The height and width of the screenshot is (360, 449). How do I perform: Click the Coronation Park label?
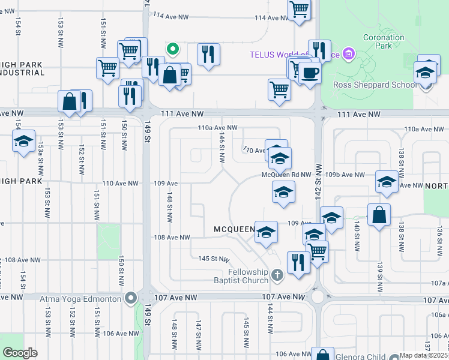tap(384, 41)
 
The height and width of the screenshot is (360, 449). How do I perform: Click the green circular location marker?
tap(172, 49)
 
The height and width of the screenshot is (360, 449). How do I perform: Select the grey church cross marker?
tap(276, 276)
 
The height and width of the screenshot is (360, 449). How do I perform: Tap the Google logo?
tap(20, 353)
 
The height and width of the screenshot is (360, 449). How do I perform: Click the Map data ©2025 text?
tap(423, 355)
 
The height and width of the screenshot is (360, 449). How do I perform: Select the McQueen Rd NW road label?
tap(286, 175)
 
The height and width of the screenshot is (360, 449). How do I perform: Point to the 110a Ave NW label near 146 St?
tap(218, 128)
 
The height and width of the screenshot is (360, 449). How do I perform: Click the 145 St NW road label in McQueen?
tap(214, 259)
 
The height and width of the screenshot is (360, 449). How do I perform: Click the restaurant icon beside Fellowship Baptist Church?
tap(297, 261)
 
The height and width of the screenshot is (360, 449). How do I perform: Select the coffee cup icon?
tap(310, 73)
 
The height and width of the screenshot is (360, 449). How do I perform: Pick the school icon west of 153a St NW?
tap(23, 142)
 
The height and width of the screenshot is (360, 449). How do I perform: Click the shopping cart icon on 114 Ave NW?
tap(298, 10)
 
